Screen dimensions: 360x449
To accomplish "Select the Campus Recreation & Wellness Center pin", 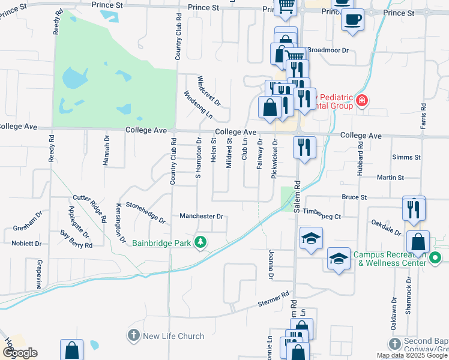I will point(436,259).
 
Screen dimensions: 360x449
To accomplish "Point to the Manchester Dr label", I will point(201,216).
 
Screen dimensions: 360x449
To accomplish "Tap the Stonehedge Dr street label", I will point(144,212).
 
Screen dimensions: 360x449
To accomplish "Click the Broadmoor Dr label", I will point(328,50).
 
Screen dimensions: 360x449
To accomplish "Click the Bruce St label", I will point(354,197).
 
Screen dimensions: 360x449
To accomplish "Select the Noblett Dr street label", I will point(26,244).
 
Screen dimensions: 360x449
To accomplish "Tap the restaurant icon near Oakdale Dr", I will point(413,209).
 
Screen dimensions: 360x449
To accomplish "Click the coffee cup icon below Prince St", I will point(352,19).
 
